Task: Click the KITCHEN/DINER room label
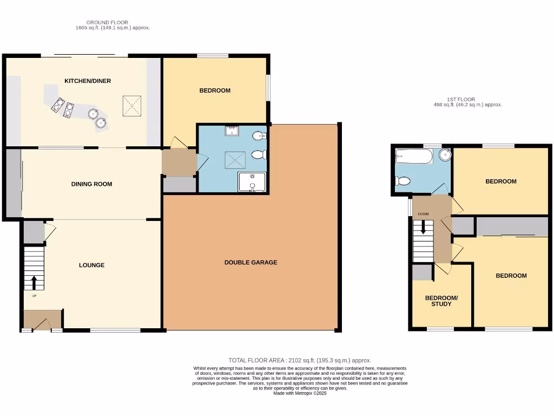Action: point(88,81)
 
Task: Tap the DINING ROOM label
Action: point(91,184)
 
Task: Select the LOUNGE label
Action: point(91,265)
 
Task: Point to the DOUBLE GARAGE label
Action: point(250,263)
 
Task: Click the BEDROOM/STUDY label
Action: point(441,301)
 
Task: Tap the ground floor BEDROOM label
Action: point(215,90)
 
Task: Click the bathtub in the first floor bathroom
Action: point(414,157)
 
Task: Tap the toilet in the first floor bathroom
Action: point(403,181)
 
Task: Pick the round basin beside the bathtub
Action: point(445,155)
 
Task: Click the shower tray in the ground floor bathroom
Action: point(252,182)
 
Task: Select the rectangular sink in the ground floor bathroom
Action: point(232,130)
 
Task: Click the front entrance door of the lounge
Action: point(42,324)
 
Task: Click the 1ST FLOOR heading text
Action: point(461,100)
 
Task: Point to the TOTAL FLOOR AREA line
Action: point(300,360)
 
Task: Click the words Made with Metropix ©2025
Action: point(300,393)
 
